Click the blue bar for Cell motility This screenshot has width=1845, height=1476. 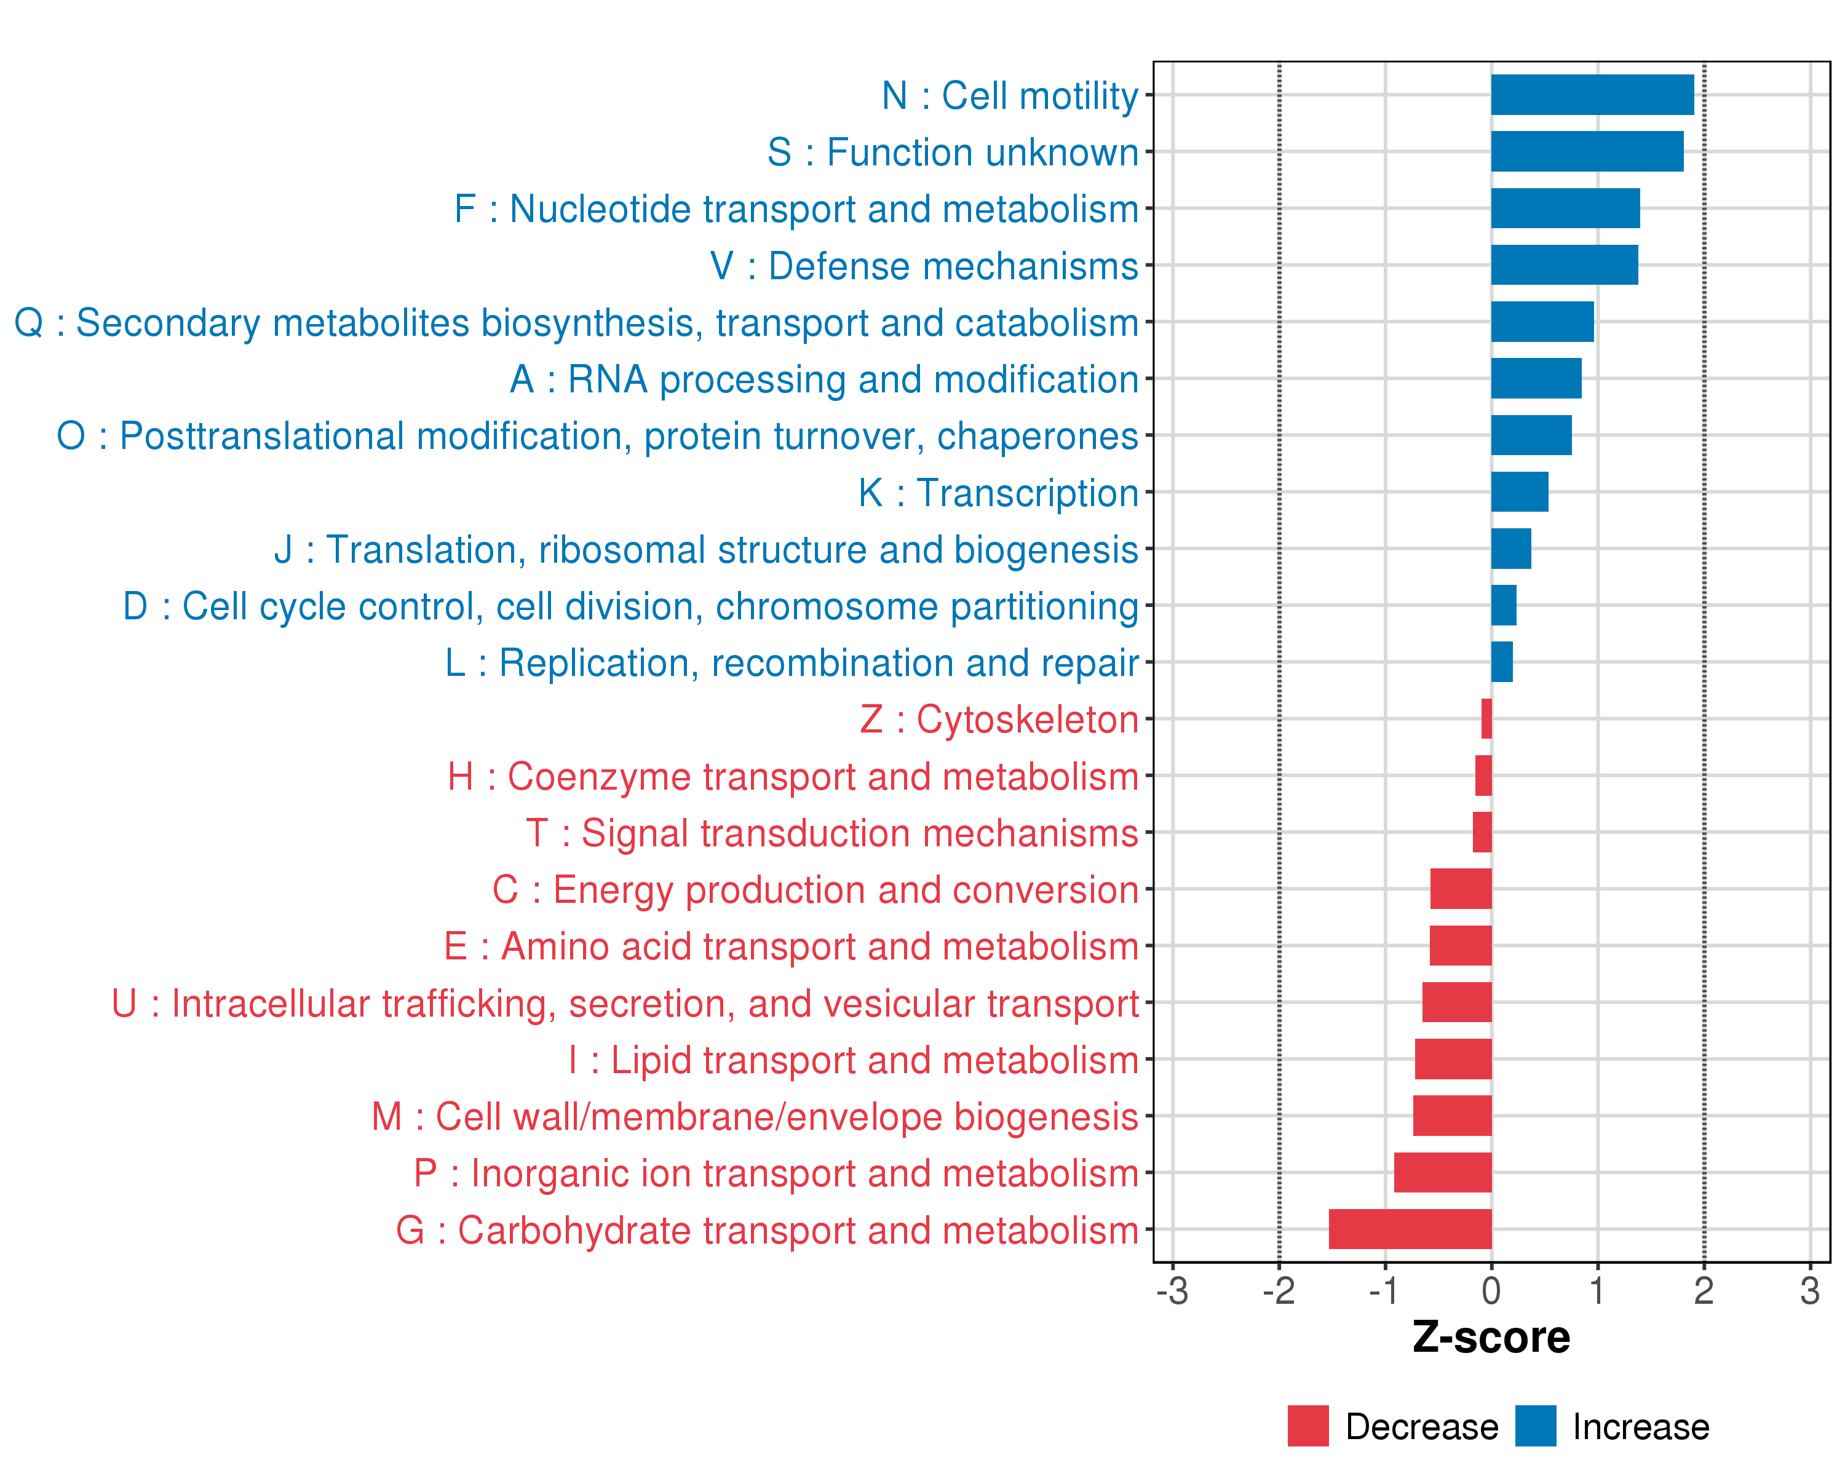pyautogui.click(x=1592, y=95)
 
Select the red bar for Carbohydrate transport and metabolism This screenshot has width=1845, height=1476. pyautogui.click(x=1410, y=1229)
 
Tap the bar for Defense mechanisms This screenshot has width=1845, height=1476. pyautogui.click(x=1565, y=265)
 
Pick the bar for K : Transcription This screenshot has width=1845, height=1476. pyautogui.click(x=1519, y=492)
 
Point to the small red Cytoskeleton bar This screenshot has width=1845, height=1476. pyautogui.click(x=1486, y=719)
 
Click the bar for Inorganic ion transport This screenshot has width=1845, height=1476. pyautogui.click(x=1443, y=1172)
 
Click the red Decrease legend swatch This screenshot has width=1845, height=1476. pyautogui.click(x=1307, y=1426)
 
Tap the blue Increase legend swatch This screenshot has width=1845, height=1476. pyautogui.click(x=1535, y=1426)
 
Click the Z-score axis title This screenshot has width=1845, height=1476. pyautogui.click(x=1491, y=1338)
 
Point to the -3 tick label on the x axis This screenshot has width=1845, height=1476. pyautogui.click(x=1172, y=1291)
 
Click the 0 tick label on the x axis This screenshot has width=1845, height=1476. pyautogui.click(x=1491, y=1291)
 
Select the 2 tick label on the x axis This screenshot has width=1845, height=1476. pyautogui.click(x=1703, y=1291)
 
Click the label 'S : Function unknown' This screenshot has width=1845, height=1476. pyautogui.click(x=953, y=153)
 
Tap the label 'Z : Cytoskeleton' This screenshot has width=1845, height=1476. pyautogui.click(x=999, y=720)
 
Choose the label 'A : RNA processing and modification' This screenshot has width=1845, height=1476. pyautogui.click(x=823, y=379)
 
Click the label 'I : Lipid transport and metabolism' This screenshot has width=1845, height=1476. pyautogui.click(x=853, y=1060)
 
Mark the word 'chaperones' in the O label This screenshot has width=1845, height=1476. pyautogui.click(x=1037, y=437)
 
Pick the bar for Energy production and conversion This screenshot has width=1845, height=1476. pyautogui.click(x=1461, y=889)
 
